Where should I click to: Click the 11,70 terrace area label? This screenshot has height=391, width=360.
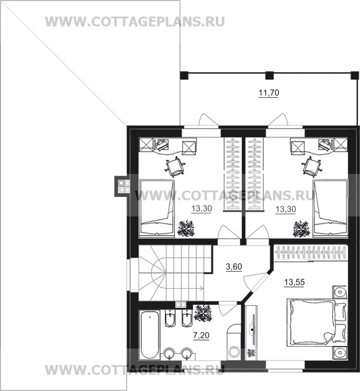(269, 93)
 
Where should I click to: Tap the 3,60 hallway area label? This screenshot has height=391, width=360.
(234, 267)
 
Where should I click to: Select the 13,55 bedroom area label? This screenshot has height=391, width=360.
(295, 282)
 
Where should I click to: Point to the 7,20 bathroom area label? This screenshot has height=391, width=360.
(201, 335)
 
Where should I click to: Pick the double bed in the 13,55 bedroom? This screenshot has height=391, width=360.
(316, 322)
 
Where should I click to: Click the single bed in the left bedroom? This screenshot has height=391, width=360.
(157, 208)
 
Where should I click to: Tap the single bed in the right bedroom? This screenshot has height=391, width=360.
(330, 208)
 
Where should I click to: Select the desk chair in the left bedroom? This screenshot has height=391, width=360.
(175, 166)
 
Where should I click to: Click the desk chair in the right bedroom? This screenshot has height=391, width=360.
(311, 166)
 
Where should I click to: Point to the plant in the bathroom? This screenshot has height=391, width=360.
(203, 312)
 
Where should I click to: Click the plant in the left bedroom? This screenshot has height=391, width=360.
(186, 228)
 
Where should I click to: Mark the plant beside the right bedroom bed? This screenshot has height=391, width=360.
(302, 229)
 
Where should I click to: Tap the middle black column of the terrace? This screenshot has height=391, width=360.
(269, 76)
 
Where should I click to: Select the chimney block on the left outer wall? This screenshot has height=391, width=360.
(121, 186)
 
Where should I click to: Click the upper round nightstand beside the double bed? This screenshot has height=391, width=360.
(339, 292)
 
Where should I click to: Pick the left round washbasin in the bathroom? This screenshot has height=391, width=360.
(169, 354)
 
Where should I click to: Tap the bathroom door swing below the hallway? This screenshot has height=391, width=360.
(227, 308)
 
